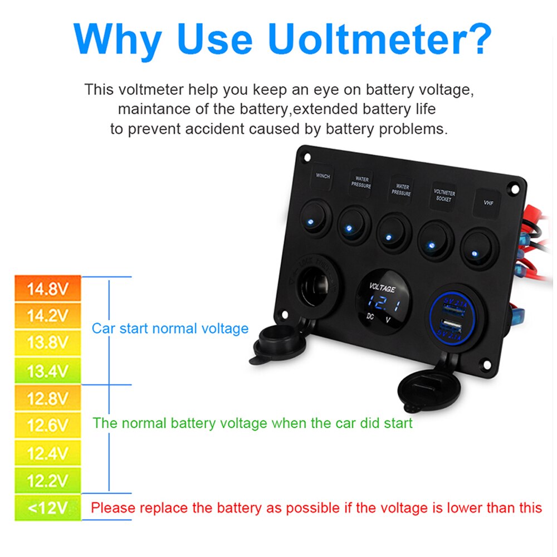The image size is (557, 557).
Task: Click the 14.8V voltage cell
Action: coord(47,289)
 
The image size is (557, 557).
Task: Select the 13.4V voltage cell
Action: coord(47,370)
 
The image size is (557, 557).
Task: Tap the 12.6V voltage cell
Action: coord(47,426)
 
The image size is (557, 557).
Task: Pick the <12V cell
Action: coord(47,507)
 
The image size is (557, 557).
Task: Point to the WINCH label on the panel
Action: coord(323,176)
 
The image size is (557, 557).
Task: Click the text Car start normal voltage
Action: coord(170,328)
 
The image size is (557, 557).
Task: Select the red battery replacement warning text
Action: coord(316,507)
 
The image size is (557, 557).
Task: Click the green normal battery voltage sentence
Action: coord(252,423)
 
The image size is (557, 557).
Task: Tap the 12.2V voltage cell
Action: coord(47,480)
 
